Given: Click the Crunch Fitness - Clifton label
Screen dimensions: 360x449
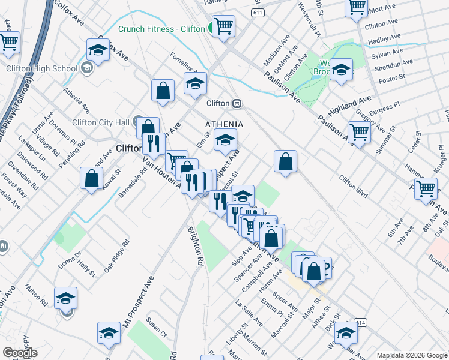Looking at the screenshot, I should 161,29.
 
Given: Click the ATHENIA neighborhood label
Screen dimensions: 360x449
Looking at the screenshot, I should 224,124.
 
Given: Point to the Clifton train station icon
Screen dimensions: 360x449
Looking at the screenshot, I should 237,103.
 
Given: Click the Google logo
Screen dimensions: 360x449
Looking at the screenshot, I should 20,353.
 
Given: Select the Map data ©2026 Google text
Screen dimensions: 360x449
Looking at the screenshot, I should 411,355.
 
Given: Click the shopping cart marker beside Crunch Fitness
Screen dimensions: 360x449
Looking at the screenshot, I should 223,26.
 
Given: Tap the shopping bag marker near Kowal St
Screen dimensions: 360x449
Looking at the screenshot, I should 91,178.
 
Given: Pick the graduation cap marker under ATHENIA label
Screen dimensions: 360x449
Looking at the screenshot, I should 225,140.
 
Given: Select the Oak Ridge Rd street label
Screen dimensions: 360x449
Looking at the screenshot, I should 116,256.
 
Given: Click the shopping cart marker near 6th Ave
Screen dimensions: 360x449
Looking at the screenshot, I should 426,187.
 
